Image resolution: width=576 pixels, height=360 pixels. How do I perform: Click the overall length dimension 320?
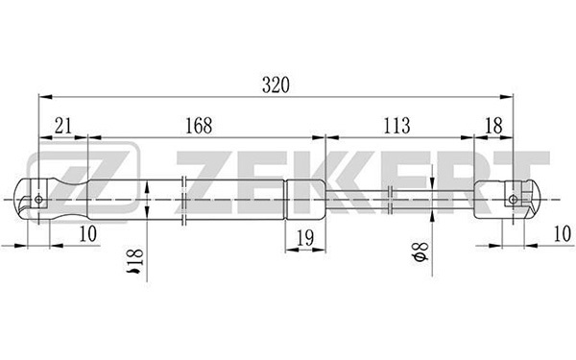[276, 84]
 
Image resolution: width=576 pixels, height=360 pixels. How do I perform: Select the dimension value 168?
[199, 126]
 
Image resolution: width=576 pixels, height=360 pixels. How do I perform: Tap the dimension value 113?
[396, 126]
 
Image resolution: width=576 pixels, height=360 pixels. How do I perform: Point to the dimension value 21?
[62, 126]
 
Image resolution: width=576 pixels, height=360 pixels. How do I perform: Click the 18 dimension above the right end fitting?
[493, 126]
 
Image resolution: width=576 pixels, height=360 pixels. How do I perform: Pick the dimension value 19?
[305, 238]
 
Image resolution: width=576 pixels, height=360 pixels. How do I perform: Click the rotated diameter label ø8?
[420, 252]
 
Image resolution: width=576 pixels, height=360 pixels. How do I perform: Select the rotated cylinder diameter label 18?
[134, 261]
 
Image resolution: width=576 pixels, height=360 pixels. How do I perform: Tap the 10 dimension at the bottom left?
[88, 233]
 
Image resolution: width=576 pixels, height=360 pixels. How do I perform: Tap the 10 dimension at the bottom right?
[563, 233]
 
